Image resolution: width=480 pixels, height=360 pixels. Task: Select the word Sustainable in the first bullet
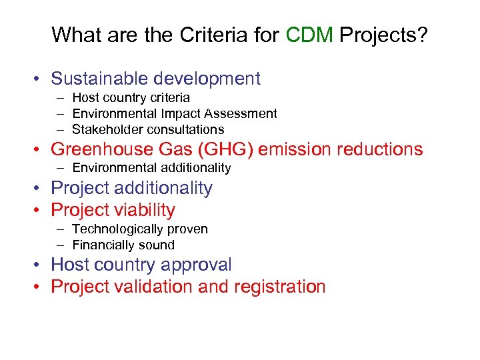click(100, 79)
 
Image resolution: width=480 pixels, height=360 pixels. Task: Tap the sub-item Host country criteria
click(131, 98)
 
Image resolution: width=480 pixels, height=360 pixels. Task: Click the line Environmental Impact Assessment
click(175, 113)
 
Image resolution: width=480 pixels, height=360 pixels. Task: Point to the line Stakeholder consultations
click(148, 129)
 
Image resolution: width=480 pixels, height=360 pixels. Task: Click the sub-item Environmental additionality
click(151, 167)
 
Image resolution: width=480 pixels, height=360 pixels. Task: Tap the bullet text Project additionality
click(131, 189)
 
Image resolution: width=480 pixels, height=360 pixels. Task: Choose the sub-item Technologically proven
click(140, 229)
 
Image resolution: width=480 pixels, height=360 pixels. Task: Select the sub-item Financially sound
click(123, 245)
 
